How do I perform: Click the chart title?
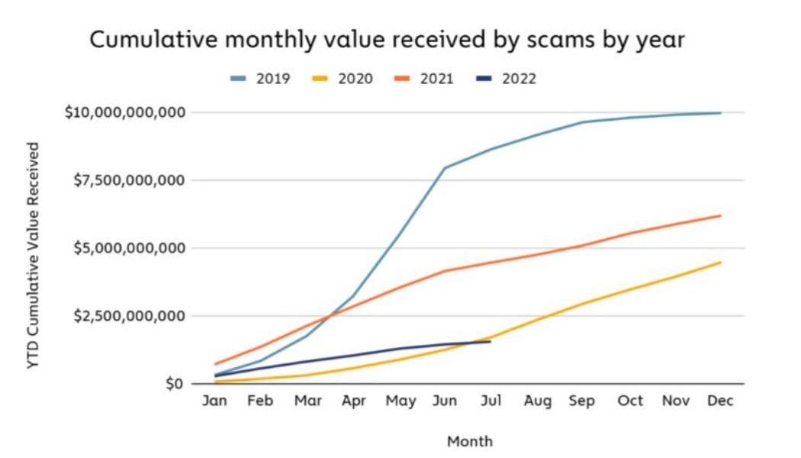coord(387,40)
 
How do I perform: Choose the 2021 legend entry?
coord(424,79)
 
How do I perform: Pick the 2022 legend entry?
coord(506,79)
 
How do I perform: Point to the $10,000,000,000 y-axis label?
coord(125,112)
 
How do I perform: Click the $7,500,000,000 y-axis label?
coord(129,180)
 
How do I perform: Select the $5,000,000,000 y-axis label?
coord(129,248)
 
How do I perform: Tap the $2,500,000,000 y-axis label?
coord(129,316)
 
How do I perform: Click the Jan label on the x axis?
coord(214,402)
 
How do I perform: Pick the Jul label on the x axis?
coord(491,402)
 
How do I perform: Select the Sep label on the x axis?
coord(582,402)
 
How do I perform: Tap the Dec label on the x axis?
coord(720,402)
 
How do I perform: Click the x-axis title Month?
coord(469,441)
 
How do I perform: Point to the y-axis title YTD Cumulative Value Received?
coord(33,256)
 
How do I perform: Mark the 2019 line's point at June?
coord(445,168)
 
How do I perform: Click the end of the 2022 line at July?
coord(491,341)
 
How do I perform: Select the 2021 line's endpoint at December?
coord(720,215)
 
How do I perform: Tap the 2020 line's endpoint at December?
coord(720,263)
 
